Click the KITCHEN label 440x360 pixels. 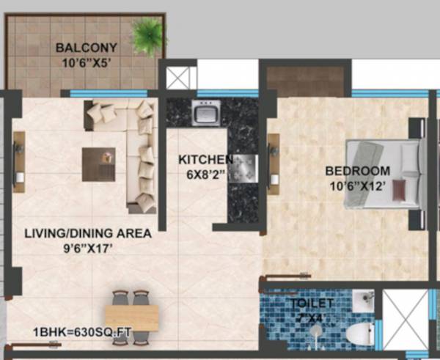click(x=206, y=159)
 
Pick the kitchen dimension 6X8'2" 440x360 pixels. click(x=206, y=175)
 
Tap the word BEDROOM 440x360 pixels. click(x=358, y=171)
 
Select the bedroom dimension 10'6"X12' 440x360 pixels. click(x=358, y=185)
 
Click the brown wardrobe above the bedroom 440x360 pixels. click(x=304, y=81)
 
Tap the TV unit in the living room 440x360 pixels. click(x=18, y=157)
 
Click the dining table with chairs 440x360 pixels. click(x=132, y=317)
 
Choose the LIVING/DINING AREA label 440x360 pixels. click(x=87, y=234)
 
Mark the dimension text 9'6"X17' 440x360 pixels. click(x=87, y=248)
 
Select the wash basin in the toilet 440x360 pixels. click(x=362, y=301)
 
